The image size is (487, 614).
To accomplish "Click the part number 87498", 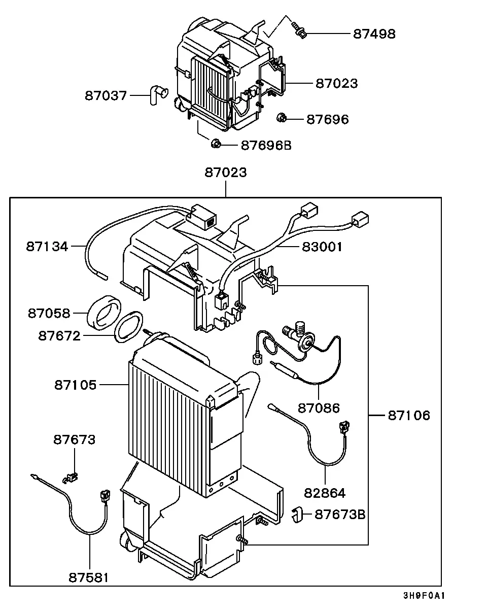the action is click(374, 33).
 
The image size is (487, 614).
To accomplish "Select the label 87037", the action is click(106, 95).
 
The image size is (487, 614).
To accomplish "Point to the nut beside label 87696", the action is click(282, 118).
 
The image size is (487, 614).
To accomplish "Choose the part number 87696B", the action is click(266, 145).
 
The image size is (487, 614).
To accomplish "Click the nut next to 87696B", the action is click(216, 143).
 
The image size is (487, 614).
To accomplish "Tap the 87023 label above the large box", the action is click(226, 173).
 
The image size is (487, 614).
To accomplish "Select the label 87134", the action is click(47, 246).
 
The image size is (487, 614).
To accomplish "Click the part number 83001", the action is click(322, 247).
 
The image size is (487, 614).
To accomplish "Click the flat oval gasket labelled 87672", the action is click(128, 327).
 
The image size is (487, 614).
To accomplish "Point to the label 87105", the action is click(75, 385).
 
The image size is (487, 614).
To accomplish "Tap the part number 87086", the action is click(319, 408).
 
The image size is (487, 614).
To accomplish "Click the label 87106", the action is click(409, 415).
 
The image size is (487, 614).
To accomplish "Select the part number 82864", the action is click(325, 493).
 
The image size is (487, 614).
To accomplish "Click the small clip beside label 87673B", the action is click(297, 515).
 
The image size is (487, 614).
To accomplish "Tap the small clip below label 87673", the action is click(71, 477).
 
